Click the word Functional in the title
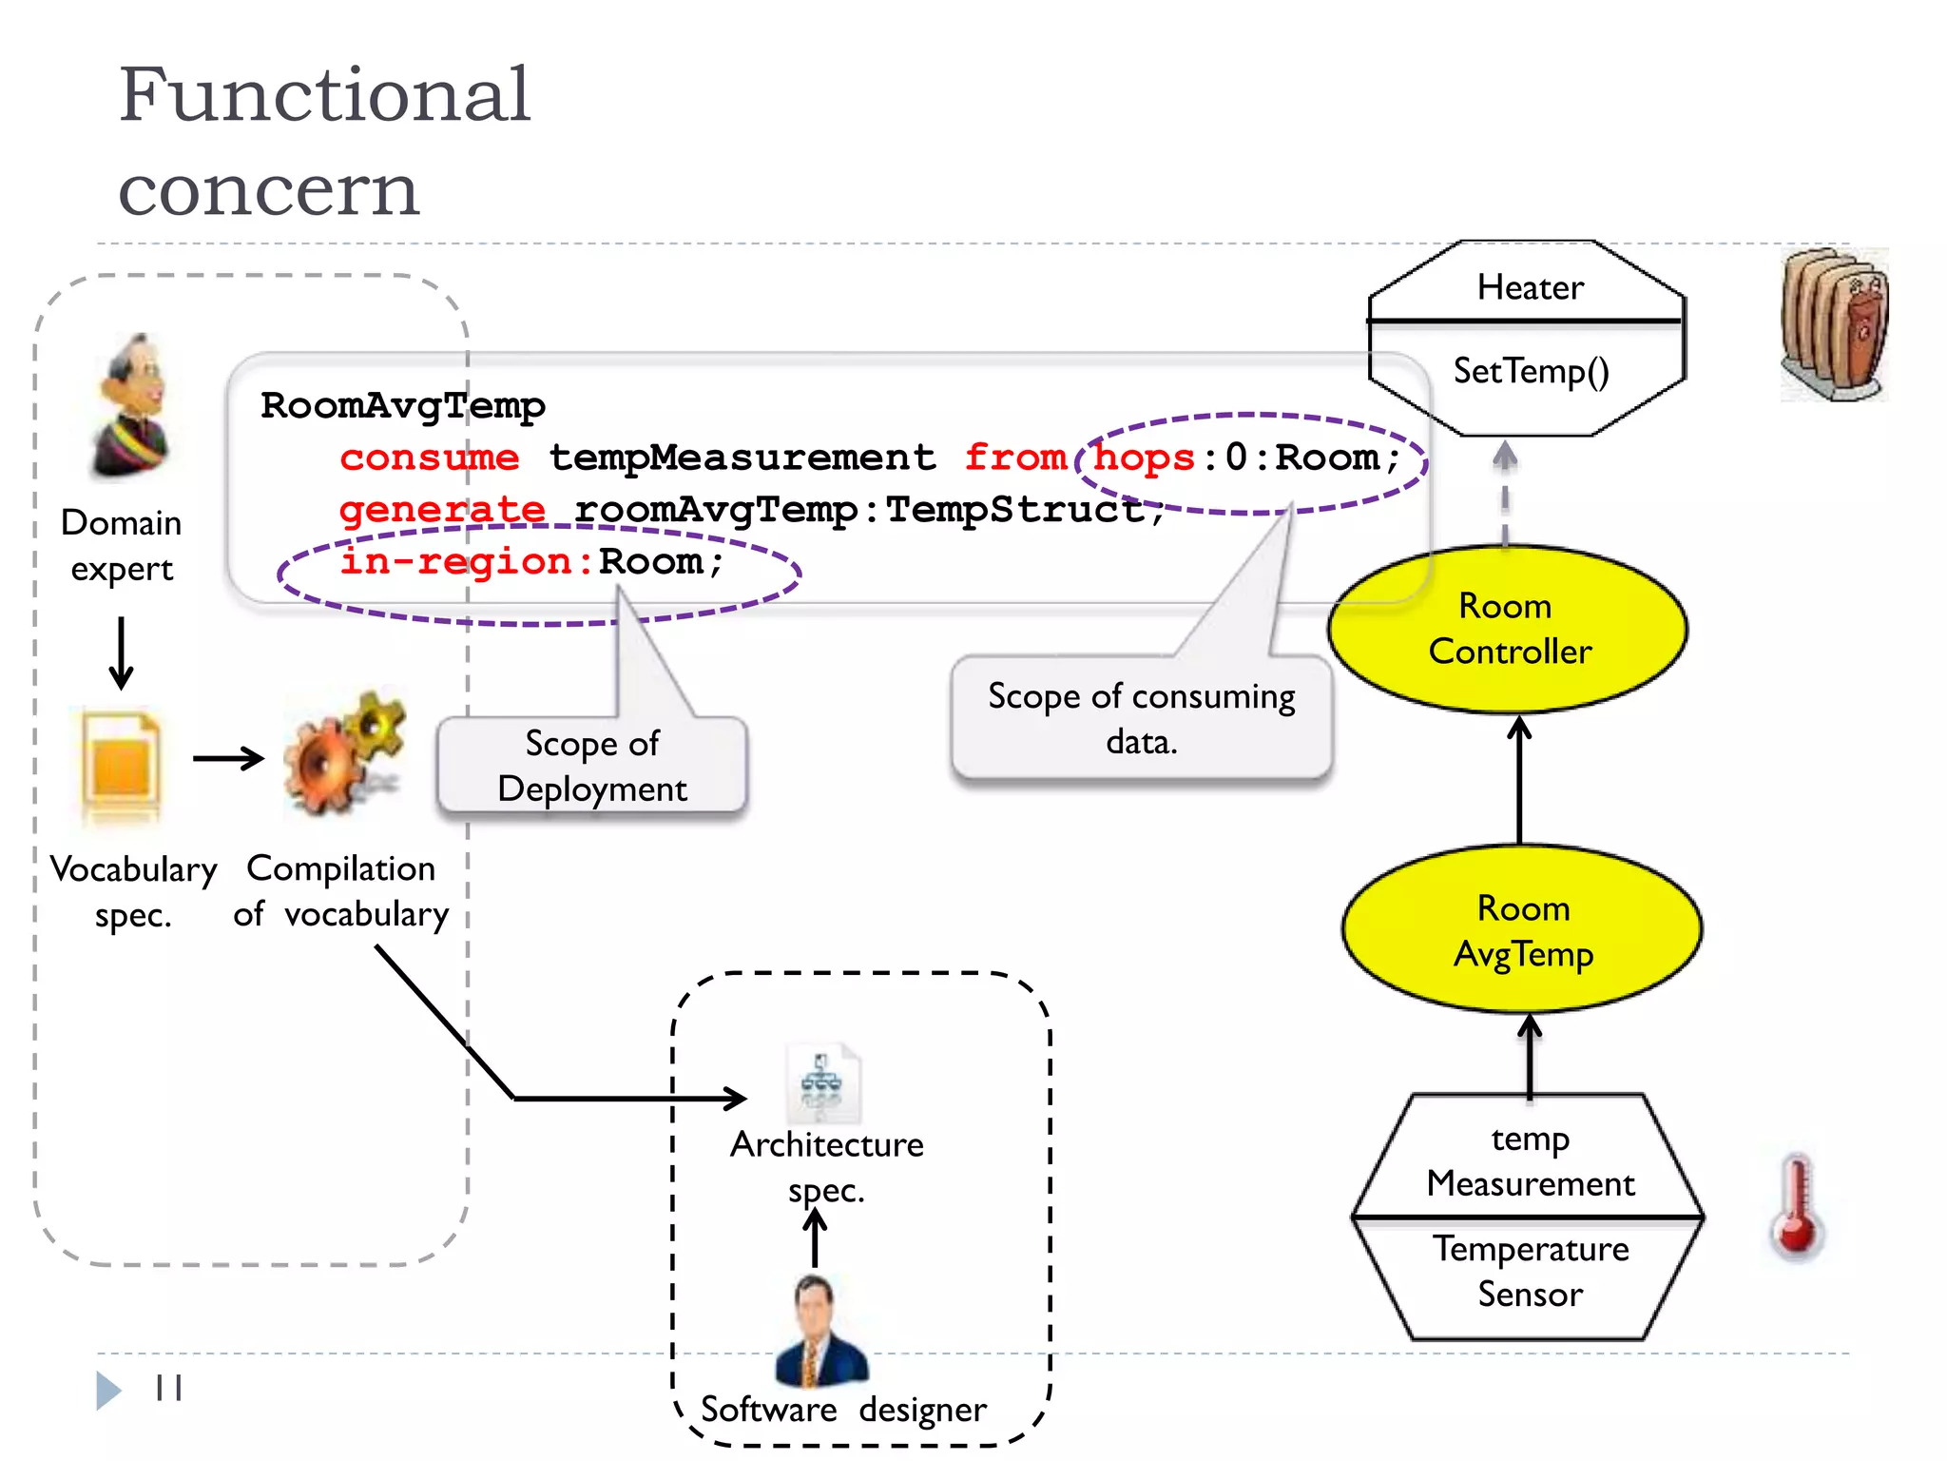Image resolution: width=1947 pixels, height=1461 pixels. [x=323, y=95]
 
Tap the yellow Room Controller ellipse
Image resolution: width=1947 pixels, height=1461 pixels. [x=1508, y=630]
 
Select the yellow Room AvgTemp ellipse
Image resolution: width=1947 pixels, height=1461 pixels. [x=1522, y=930]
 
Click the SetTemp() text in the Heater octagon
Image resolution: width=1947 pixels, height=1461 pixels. [x=1530, y=371]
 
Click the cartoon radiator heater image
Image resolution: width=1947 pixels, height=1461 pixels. [x=1833, y=323]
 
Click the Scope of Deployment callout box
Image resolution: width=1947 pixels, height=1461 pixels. [x=591, y=766]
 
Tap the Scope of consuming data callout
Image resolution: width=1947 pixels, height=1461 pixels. [x=1141, y=718]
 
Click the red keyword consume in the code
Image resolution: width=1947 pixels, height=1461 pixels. [x=430, y=458]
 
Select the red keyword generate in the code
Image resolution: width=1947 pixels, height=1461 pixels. [x=442, y=511]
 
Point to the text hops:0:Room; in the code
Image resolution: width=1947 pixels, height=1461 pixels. [x=1245, y=458]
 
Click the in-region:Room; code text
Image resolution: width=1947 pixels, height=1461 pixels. [x=532, y=562]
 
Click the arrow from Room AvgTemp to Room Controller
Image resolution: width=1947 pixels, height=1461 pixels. [x=1519, y=780]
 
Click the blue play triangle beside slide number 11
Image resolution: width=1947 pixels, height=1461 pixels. [x=108, y=1390]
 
